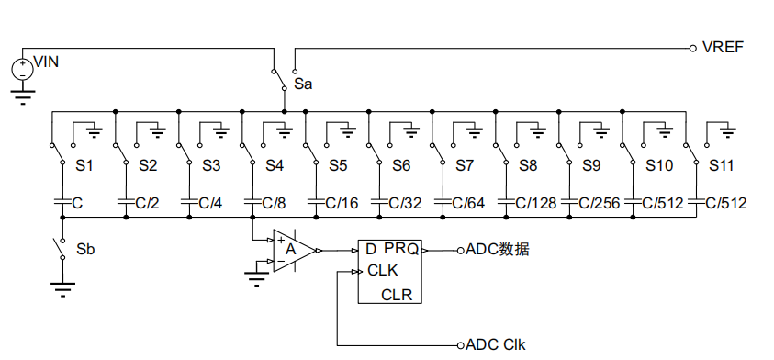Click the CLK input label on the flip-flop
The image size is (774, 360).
(382, 271)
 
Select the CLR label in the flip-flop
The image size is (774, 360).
(397, 294)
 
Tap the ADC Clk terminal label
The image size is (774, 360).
(496, 345)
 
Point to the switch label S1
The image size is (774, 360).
(84, 166)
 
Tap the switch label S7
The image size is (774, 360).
(465, 166)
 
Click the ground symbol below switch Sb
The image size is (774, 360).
(61, 290)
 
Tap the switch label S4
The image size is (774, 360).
(275, 166)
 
